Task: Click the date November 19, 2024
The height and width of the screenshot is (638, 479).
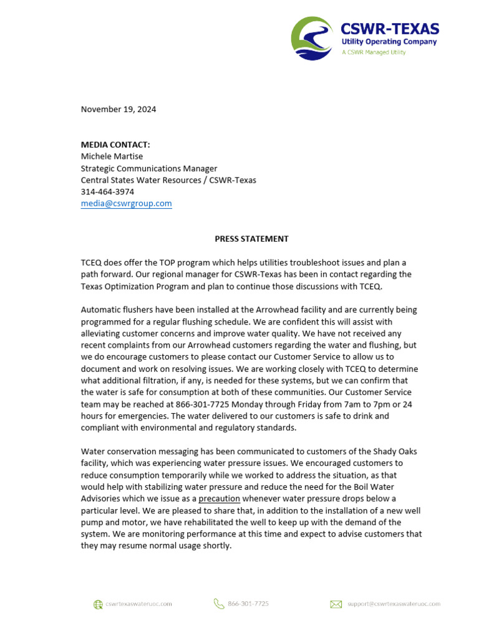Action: pos(119,109)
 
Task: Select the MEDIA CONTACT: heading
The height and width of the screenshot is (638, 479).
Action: pos(115,145)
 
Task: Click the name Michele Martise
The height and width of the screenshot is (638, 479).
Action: pos(112,156)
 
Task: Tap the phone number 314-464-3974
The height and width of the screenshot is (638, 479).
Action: pos(107,192)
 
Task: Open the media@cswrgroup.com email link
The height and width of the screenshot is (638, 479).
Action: pos(126,204)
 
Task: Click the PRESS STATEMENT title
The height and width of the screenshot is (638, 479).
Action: pos(251,239)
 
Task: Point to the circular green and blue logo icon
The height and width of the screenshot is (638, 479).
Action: pos(312,39)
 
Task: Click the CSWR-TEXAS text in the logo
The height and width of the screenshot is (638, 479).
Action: pos(389,29)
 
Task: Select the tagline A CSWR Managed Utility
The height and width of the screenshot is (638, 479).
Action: pos(373,52)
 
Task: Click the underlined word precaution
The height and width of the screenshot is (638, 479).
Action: pos(219,498)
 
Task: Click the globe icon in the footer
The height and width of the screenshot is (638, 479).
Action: pos(98,604)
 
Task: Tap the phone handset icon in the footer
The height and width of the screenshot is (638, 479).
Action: pos(218,603)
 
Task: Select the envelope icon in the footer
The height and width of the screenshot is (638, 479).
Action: pos(336,604)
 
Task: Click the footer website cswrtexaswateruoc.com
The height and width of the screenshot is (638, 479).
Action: pos(138,604)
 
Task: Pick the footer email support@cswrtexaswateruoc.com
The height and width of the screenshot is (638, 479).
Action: pos(394,604)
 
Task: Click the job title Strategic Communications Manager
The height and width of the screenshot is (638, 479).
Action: pos(149,168)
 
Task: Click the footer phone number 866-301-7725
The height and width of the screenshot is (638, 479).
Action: pos(248,604)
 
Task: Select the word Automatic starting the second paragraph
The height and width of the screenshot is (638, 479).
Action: pos(101,310)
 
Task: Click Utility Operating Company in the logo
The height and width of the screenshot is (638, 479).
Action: pos(389,42)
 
